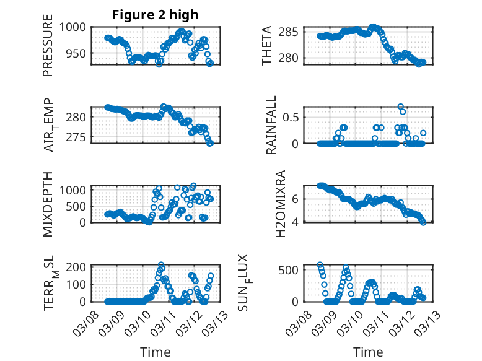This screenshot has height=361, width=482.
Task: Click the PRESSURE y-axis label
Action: click(48, 50)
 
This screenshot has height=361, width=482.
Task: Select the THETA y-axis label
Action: click(267, 46)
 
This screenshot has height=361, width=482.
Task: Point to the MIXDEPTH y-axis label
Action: click(48, 204)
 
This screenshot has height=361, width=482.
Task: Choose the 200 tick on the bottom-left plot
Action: click(78, 267)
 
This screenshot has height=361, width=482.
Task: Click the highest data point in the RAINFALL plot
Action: click(401, 107)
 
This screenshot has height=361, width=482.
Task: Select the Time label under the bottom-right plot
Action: click(368, 352)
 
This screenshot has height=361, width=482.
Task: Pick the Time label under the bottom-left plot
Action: click(155, 352)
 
